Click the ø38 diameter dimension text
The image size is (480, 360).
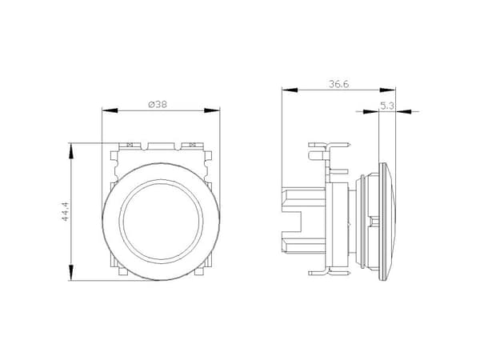[158, 105]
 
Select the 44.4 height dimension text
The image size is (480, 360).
[66, 211]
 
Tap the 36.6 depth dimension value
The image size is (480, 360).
[339, 84]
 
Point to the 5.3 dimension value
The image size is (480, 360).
[387, 106]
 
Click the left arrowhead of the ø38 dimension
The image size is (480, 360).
[110, 110]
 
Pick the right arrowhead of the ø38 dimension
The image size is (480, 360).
[212, 110]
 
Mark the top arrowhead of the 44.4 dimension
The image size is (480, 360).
[71, 150]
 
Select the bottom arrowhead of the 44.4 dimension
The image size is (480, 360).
[71, 273]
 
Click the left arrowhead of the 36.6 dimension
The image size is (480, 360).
[290, 90]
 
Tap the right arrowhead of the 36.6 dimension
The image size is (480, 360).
[387, 90]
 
